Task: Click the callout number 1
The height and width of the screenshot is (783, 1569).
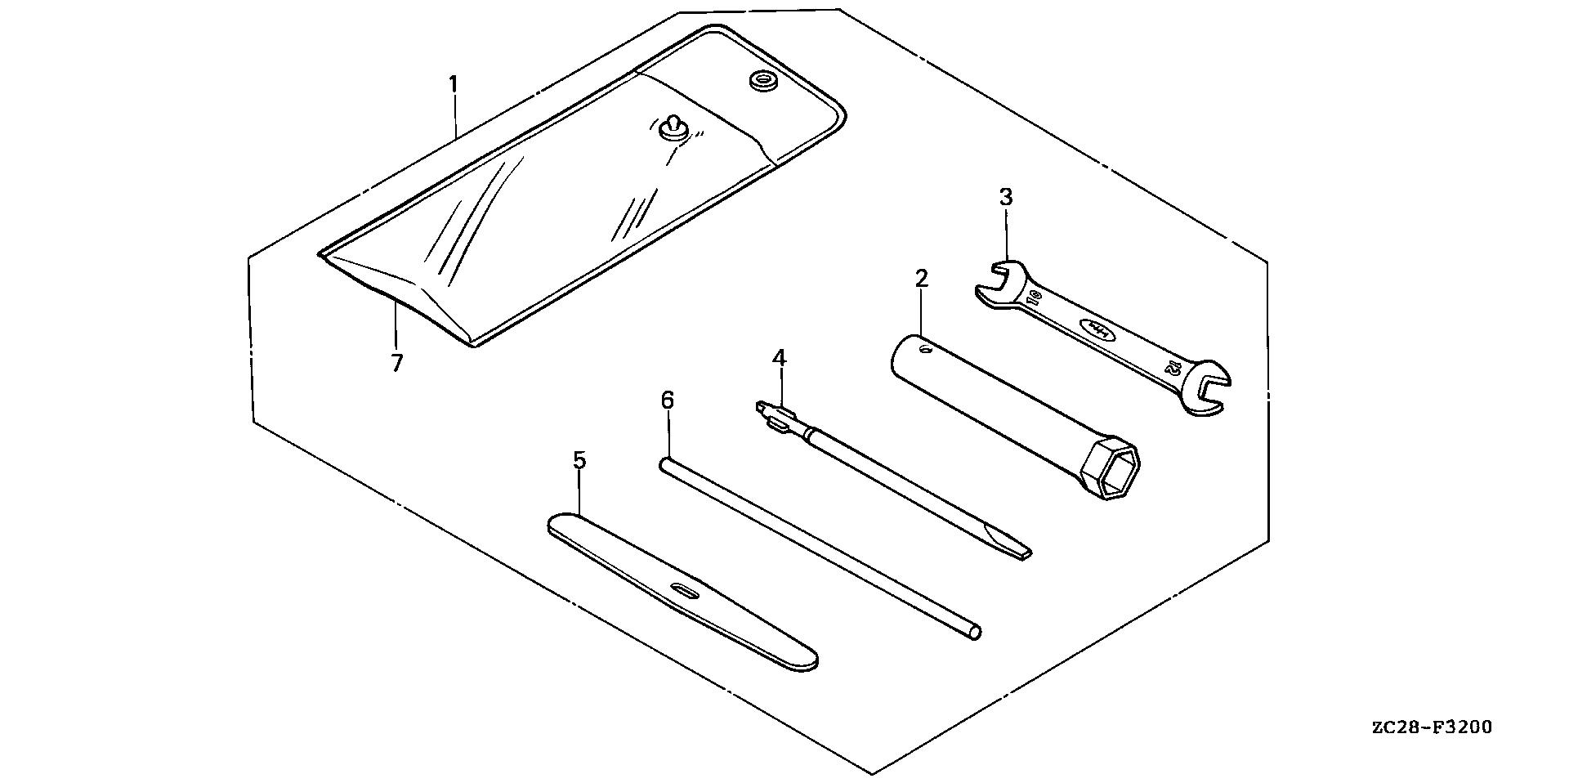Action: point(453,84)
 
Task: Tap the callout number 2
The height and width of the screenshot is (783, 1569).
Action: point(921,279)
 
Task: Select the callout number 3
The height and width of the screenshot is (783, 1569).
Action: point(1005,198)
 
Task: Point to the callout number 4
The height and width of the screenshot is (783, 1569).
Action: point(779,358)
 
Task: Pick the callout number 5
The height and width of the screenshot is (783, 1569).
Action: point(579,461)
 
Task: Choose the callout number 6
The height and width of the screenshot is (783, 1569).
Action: point(667,400)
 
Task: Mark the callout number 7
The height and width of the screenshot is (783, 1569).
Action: point(396,363)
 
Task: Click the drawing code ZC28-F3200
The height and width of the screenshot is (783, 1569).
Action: point(1431,727)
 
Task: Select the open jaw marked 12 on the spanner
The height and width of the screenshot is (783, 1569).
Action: point(1209,388)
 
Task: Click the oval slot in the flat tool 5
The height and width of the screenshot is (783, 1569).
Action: point(684,590)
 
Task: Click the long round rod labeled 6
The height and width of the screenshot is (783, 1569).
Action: point(817,548)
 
